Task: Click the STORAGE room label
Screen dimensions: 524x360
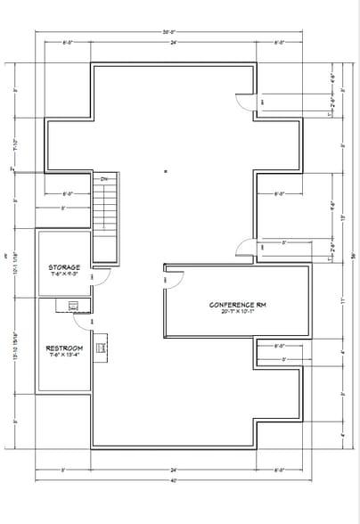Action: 64,267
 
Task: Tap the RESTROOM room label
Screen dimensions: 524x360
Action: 64,348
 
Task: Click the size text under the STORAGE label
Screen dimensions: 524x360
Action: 64,274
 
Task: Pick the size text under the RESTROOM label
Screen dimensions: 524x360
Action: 64,355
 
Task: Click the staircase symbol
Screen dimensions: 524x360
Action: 105,206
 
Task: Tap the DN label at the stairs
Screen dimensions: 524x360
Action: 104,179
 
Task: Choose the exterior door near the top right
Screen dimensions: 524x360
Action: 245,102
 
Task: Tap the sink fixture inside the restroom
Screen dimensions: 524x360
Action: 71,307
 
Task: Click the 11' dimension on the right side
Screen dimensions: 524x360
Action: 342,300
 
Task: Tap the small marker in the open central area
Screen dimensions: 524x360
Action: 166,170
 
